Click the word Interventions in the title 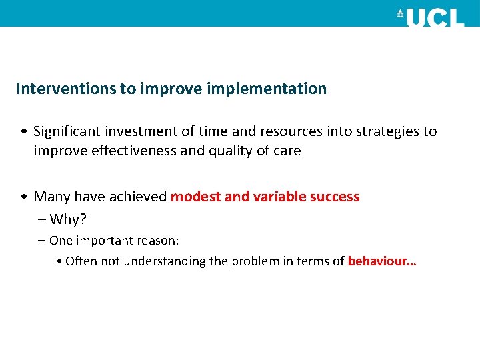[x=66, y=89]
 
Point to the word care [x=287, y=151]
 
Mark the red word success [x=335, y=197]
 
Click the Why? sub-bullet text [x=68, y=219]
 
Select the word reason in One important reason [x=159, y=240]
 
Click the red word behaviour [x=380, y=261]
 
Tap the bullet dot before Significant [x=24, y=132]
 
